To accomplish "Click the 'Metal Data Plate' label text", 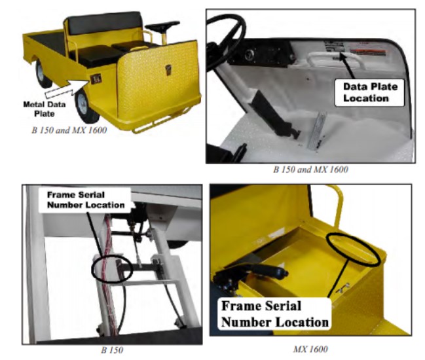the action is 44,109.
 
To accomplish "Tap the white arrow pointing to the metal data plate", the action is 67,88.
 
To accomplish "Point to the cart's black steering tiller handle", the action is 162,27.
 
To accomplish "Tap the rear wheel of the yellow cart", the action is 41,74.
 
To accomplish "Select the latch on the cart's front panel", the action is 168,69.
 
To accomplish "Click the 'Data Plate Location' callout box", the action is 370,93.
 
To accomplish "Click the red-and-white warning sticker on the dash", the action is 367,52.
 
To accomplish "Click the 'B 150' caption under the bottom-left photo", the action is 112,350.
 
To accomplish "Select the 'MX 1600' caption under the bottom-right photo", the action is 310,350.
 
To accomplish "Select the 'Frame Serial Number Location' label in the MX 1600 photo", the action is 275,314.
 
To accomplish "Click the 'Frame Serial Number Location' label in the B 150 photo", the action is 86,200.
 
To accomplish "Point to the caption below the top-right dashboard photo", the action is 310,170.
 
